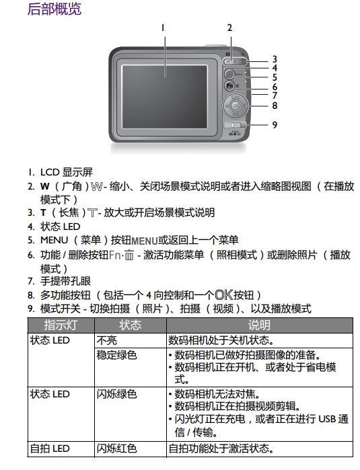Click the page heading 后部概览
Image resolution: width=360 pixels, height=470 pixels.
(x=55, y=9)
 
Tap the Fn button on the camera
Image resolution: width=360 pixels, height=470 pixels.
(x=229, y=85)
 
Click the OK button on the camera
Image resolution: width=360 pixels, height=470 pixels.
(x=236, y=106)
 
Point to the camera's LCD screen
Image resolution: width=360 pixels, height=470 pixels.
(x=164, y=97)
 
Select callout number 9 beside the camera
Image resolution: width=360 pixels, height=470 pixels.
(x=275, y=124)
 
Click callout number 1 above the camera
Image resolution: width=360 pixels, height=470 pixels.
(x=163, y=28)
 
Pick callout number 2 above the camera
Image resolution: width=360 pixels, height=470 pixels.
(x=229, y=28)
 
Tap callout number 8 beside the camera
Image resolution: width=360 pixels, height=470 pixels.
(x=275, y=106)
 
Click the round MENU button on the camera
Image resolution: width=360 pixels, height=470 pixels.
(x=229, y=74)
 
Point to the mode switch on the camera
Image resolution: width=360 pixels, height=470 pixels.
(x=235, y=125)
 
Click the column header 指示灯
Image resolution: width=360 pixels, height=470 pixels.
(x=61, y=325)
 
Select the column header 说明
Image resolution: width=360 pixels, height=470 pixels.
(x=260, y=325)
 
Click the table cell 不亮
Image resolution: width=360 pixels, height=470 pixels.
(x=107, y=340)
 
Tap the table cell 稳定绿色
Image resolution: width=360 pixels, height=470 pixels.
(x=116, y=355)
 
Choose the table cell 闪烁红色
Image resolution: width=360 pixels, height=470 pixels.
(x=116, y=448)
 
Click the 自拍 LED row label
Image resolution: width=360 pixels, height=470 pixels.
(x=50, y=448)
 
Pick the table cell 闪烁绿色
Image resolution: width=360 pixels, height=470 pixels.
(x=116, y=394)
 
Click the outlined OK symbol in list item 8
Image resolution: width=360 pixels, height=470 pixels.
(x=224, y=295)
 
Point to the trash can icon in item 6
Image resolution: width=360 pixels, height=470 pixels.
(x=129, y=256)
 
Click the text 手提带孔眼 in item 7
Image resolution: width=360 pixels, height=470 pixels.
(x=65, y=281)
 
